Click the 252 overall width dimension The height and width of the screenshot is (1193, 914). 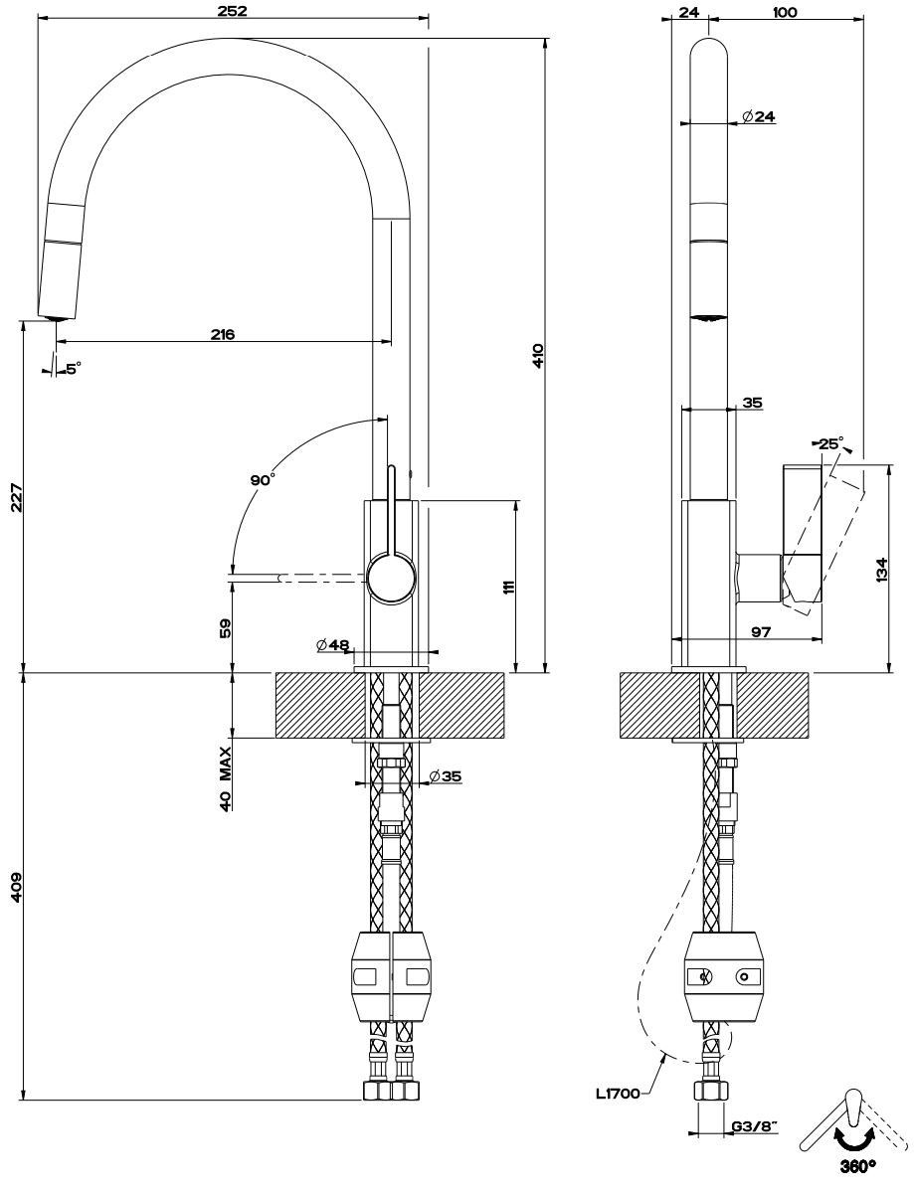[x=231, y=11]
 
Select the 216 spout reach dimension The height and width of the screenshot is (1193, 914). [x=222, y=334]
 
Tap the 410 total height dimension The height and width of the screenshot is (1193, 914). [x=537, y=356]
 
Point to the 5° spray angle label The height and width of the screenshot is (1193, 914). [x=73, y=368]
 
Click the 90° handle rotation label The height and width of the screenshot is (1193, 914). [x=263, y=480]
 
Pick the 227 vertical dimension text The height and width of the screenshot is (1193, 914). [x=14, y=497]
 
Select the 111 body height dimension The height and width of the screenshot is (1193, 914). [x=508, y=586]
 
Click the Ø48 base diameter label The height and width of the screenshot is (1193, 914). [x=333, y=645]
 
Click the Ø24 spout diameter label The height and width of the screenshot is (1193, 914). [x=758, y=116]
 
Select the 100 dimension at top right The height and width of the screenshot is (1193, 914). [x=784, y=12]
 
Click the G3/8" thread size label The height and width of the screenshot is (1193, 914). [x=754, y=1127]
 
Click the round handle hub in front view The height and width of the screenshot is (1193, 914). [x=390, y=578]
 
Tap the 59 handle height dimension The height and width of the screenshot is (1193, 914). [x=225, y=627]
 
